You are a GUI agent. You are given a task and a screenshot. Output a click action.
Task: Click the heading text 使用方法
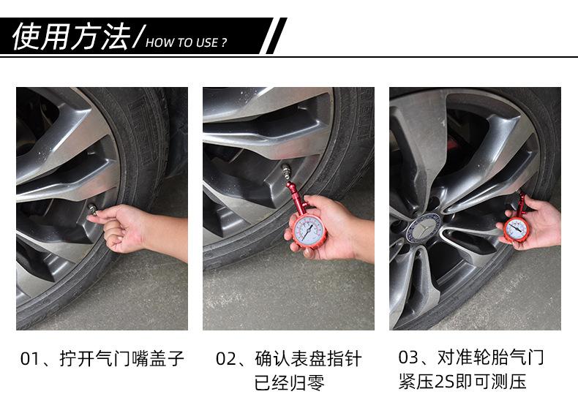pos(72,36)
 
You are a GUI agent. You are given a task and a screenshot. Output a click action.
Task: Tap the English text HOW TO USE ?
pos(186,42)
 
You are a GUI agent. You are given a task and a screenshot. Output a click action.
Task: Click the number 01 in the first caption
pos(29,359)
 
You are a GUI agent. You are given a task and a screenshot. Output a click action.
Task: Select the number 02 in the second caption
pos(225,359)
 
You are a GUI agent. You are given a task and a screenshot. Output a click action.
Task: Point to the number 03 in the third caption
pos(408,357)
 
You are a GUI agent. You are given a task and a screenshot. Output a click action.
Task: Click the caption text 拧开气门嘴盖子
pos(121,359)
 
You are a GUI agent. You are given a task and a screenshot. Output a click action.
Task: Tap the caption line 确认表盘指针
pos(308,359)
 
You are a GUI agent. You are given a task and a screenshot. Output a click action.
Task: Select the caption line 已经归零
pos(290,382)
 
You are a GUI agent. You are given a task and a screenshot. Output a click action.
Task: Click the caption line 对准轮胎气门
pos(491,357)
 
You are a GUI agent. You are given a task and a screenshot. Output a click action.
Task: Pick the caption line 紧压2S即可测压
pos(462,382)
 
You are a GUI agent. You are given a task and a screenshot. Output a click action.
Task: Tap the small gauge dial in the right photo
pos(515,230)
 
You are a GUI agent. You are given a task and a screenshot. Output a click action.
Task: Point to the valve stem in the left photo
pos(92,210)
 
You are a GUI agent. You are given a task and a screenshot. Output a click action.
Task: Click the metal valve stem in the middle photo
pos(285,171)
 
